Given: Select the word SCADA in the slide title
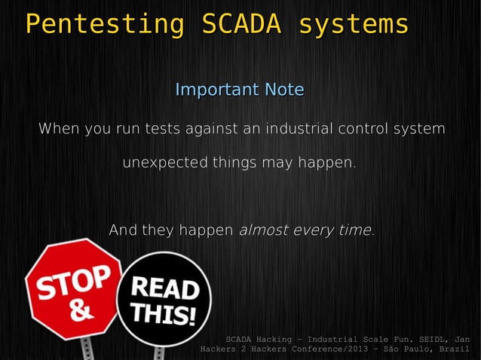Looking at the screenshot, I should click(x=241, y=24).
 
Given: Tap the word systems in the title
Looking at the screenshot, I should click(x=354, y=24).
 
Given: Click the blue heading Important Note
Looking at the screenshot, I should click(x=240, y=90).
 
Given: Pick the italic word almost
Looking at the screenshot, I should click(x=263, y=230).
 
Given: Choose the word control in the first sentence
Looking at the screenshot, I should click(x=359, y=129).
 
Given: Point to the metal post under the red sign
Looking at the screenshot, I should click(x=87, y=348).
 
